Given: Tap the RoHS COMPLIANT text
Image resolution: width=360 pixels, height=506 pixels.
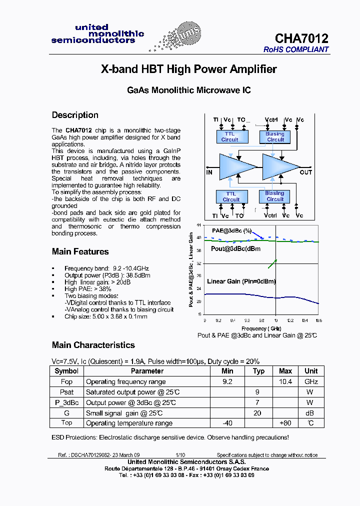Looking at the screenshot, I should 296,49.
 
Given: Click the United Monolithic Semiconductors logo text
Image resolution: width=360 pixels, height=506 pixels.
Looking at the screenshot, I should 97,33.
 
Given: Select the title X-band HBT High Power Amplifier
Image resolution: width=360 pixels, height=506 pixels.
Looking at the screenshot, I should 188,69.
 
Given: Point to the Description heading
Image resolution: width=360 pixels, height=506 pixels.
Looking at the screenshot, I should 75,115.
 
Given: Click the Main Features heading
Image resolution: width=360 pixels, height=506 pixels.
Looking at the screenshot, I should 80,251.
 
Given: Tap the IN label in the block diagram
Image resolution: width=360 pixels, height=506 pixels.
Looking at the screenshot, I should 209,172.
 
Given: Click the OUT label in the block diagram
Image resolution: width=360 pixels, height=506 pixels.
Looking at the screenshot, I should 305,172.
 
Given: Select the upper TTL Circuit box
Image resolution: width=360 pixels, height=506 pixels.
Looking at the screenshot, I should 229,136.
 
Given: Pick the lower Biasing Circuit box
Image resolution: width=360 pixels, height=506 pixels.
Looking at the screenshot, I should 274,196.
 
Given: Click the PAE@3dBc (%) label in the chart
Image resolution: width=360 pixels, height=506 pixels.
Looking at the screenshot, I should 230,231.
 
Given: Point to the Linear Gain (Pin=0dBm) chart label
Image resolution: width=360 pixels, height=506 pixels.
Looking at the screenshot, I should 241,281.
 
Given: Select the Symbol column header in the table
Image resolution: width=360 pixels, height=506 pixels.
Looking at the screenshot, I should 66,371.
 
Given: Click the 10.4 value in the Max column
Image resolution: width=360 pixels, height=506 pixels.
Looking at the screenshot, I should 285,381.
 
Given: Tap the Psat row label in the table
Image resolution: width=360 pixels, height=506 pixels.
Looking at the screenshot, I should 66,392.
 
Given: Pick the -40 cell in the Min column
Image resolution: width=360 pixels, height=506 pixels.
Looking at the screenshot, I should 227,423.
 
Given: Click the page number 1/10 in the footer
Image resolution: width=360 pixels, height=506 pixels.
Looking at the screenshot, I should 180,455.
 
